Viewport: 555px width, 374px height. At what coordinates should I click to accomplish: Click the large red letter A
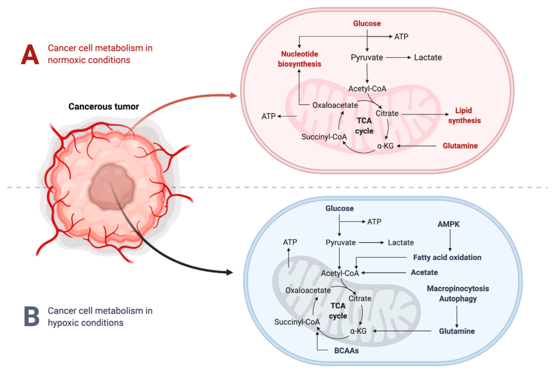pyautogui.click(x=30, y=54)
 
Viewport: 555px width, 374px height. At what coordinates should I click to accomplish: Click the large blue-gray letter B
pyautogui.click(x=31, y=316)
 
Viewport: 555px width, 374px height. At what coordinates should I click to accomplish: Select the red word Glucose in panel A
pyautogui.click(x=366, y=24)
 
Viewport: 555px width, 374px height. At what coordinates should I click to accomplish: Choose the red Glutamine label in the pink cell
pyautogui.click(x=460, y=146)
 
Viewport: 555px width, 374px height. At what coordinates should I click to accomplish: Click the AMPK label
pyautogui.click(x=450, y=224)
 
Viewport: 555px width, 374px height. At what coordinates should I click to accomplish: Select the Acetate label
pyautogui.click(x=424, y=272)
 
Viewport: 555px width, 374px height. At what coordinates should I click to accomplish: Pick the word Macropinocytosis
pyautogui.click(x=458, y=289)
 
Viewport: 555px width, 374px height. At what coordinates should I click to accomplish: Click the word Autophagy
pyautogui.click(x=458, y=298)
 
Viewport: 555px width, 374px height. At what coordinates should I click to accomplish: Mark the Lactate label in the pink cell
pyautogui.click(x=428, y=58)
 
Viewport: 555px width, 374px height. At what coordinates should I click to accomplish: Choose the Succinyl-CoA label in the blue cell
pyautogui.click(x=297, y=322)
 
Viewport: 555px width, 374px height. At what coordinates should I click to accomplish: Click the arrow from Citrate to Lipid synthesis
pyautogui.click(x=423, y=114)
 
